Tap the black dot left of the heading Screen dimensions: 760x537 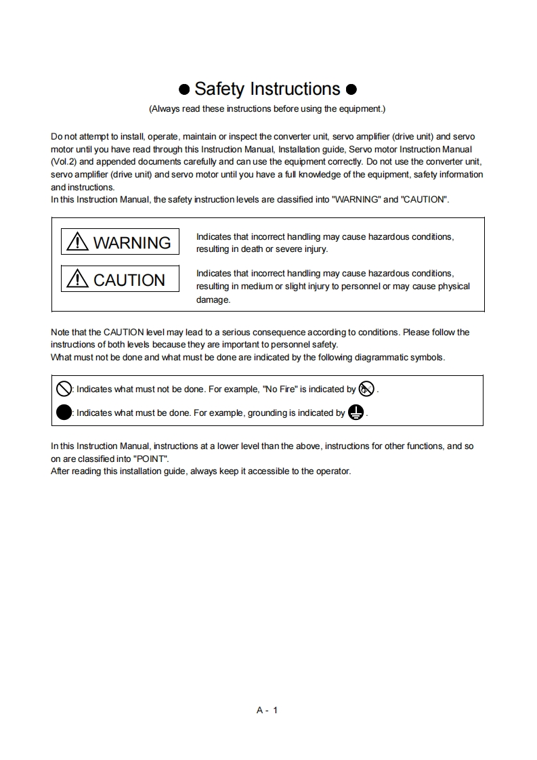click(184, 90)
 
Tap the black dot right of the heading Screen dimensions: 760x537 click(351, 90)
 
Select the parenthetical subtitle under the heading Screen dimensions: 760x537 click(267, 108)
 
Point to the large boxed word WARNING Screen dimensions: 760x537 click(132, 242)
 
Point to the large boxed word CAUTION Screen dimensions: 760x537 click(129, 280)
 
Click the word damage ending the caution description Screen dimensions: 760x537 click(213, 299)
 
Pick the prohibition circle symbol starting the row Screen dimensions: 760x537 click(64, 389)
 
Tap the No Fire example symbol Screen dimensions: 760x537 click(366, 389)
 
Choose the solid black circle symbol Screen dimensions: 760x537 click(64, 413)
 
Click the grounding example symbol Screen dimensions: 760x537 click(356, 413)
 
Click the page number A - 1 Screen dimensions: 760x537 click(267, 710)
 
